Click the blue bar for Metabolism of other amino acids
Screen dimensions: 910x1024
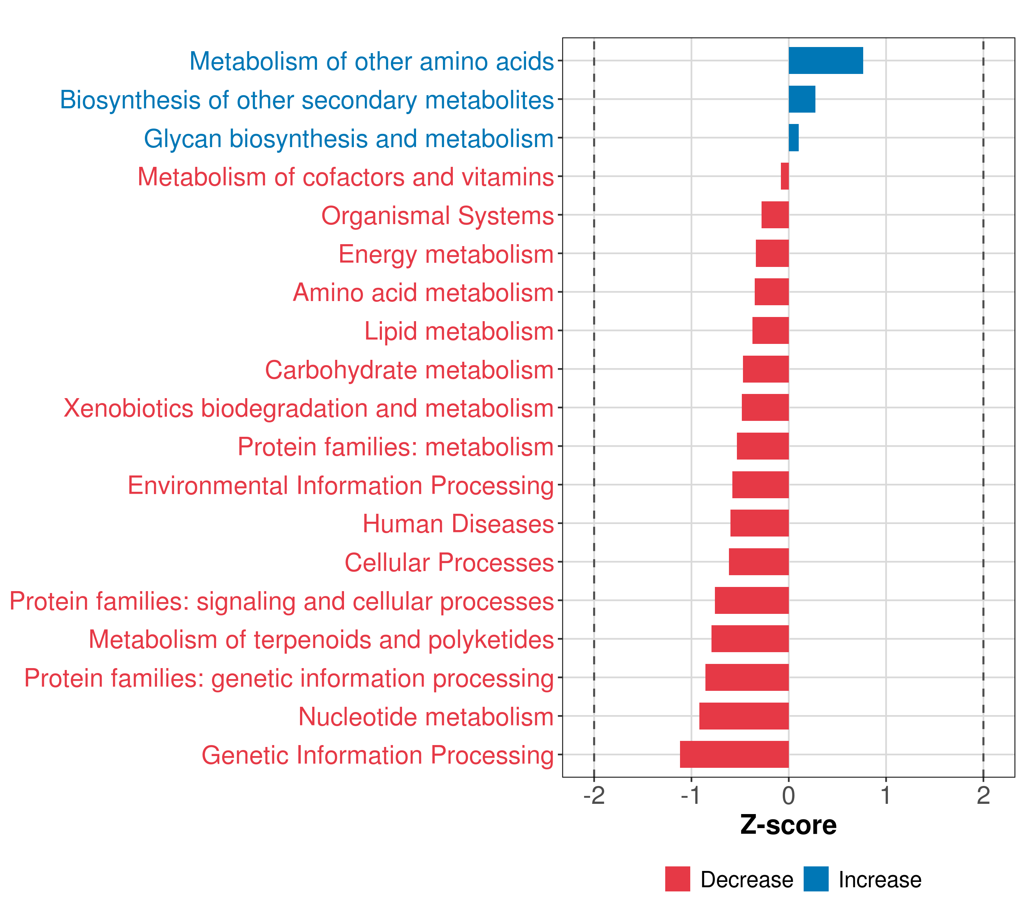[826, 61]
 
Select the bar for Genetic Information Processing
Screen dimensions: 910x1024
[734, 754]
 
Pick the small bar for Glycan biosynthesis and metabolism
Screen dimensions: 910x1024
[793, 138]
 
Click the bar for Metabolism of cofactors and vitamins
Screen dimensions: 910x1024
[785, 176]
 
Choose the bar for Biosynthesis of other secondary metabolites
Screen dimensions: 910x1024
[802, 99]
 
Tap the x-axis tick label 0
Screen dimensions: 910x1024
[788, 796]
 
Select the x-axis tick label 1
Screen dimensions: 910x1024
[886, 796]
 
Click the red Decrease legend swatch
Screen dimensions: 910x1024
[677, 879]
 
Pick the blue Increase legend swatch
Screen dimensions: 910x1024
[815, 879]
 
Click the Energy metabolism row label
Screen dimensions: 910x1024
[446, 254]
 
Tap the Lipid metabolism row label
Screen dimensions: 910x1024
[459, 331]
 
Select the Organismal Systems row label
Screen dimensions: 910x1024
[437, 216]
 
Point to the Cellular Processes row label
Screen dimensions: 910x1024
[449, 562]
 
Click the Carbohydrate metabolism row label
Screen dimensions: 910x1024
[409, 370]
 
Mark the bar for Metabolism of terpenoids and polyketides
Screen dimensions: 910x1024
[749, 639]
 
